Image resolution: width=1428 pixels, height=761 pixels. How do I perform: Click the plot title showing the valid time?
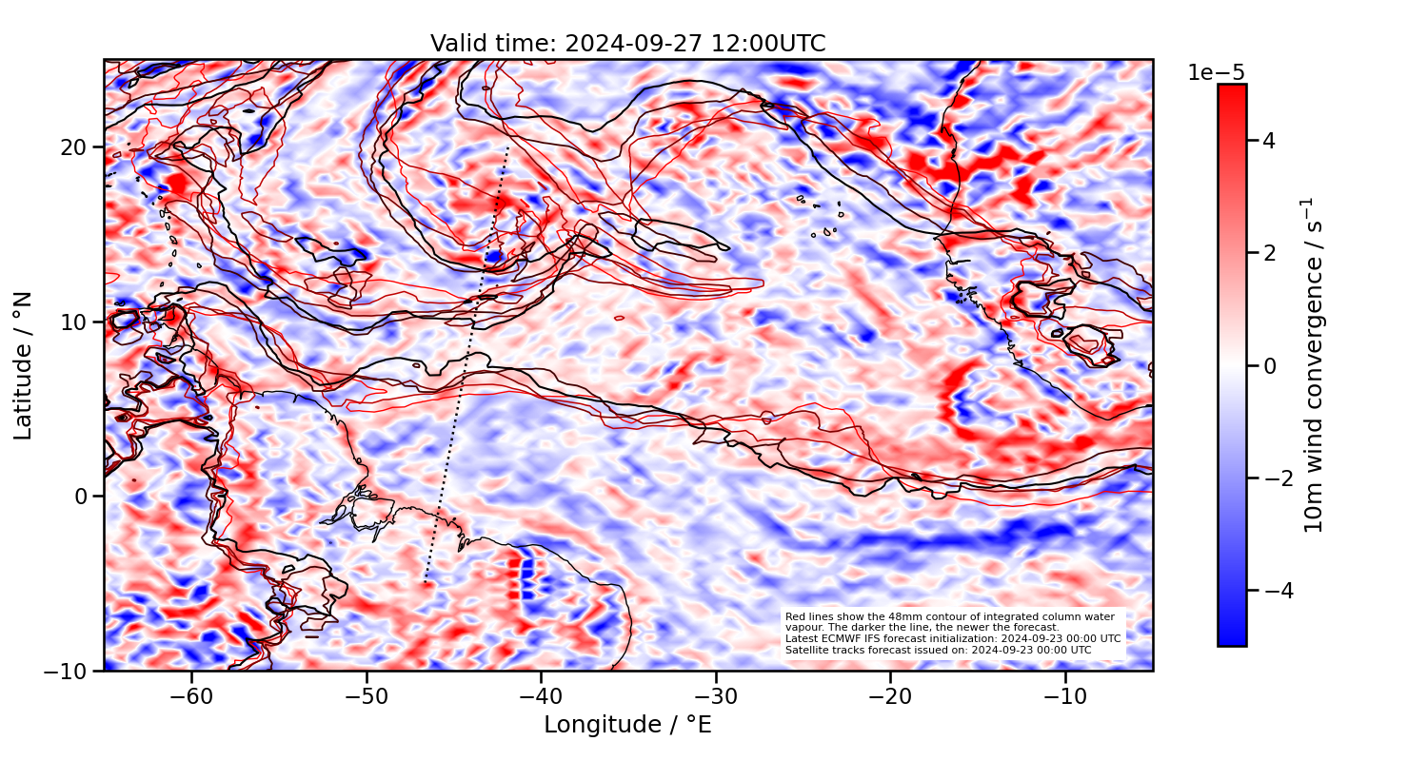(627, 44)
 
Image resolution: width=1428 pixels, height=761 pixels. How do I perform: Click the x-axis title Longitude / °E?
(627, 725)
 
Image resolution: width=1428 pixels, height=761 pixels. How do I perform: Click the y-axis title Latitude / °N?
(24, 365)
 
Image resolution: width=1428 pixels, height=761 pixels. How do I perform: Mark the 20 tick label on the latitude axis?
(75, 147)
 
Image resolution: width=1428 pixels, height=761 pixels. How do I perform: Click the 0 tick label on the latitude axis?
(82, 497)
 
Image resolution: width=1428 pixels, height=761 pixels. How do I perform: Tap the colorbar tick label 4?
(1269, 141)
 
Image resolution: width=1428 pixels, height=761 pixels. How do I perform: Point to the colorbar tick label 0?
(1269, 365)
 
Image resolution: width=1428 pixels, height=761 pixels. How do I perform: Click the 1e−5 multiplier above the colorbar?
(1216, 73)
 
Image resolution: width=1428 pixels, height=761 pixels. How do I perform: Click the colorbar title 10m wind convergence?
(1315, 365)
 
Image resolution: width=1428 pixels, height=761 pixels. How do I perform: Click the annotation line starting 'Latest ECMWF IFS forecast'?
(952, 638)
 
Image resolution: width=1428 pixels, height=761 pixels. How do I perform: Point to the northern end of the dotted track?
(508, 147)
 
